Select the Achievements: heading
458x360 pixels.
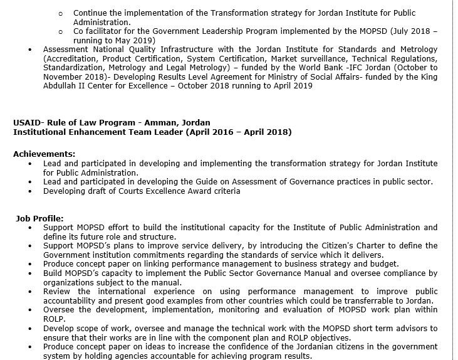coord(44,154)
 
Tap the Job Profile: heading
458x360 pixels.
coord(39,218)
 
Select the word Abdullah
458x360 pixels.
coord(61,86)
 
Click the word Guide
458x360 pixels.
coord(188,182)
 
